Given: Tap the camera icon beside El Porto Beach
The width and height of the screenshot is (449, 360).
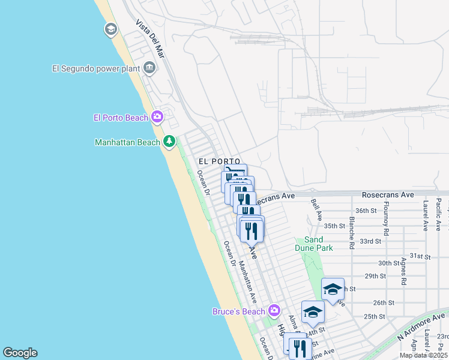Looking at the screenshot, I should (x=157, y=117).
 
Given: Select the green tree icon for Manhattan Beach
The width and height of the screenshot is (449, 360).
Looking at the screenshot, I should (x=170, y=142).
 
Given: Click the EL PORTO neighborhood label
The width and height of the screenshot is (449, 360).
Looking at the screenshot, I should (x=220, y=162).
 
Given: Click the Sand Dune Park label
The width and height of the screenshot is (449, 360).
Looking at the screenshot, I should (x=313, y=244).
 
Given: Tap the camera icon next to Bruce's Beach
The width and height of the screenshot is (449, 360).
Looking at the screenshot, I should (x=274, y=310).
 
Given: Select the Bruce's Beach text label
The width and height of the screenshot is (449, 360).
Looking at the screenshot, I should (x=238, y=311).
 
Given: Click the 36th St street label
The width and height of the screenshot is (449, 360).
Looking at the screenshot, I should (x=365, y=211).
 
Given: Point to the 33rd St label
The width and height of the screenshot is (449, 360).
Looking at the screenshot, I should (x=370, y=241).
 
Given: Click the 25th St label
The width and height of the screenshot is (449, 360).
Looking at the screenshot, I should (x=374, y=316).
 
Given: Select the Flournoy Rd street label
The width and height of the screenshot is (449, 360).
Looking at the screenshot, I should (x=386, y=220).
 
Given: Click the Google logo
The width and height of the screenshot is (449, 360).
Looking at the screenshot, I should (x=20, y=353).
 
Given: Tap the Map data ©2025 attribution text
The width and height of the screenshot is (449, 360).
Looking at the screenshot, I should (x=423, y=355).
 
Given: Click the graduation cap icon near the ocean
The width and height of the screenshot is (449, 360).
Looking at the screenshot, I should (x=110, y=29).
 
